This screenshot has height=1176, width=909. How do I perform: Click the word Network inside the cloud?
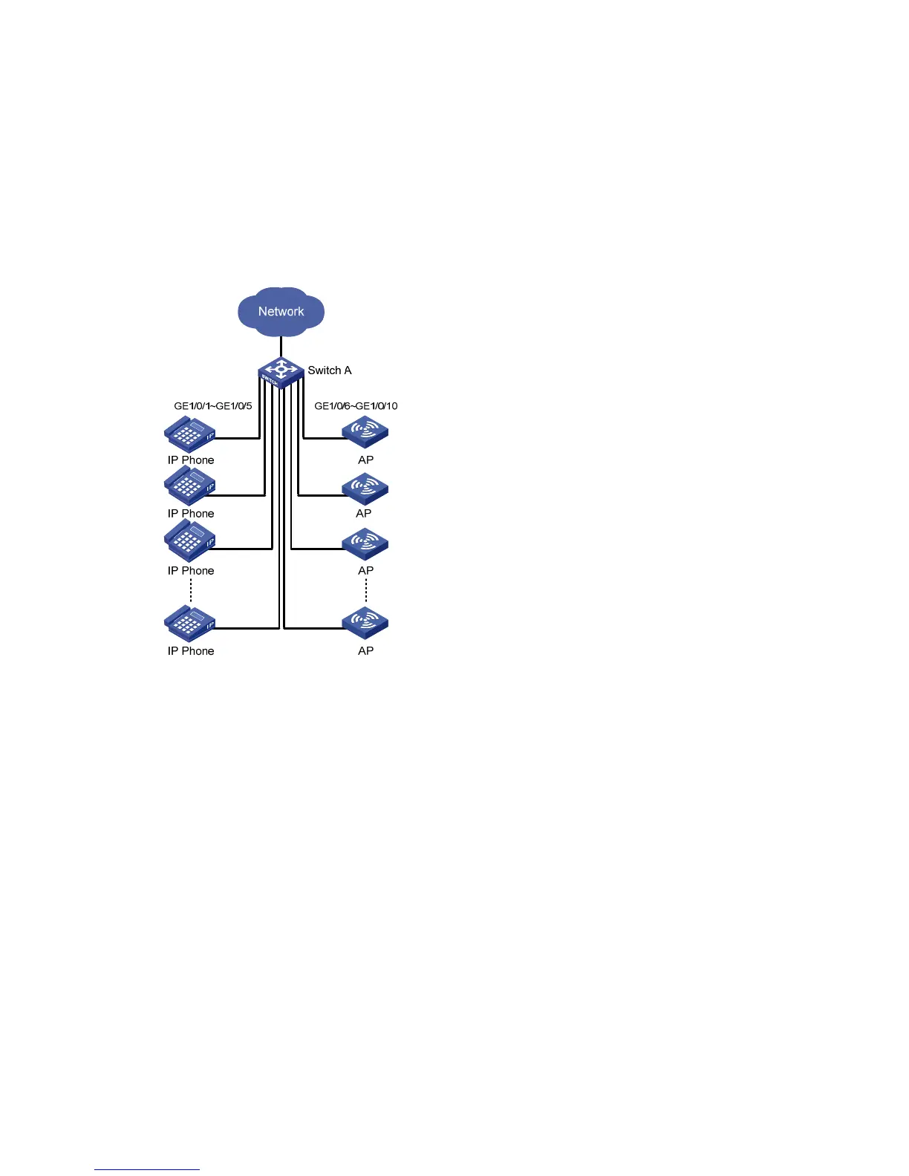[281, 312]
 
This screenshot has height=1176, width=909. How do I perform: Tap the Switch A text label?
[330, 370]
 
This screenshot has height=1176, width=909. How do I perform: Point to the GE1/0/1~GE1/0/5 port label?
[213, 406]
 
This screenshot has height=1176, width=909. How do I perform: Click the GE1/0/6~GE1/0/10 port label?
[356, 406]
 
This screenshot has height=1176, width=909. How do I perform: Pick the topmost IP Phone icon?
[189, 434]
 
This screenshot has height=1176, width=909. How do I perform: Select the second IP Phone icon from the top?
[189, 487]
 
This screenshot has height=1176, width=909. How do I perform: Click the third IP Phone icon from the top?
[189, 541]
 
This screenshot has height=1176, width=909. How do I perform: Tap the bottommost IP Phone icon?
[189, 624]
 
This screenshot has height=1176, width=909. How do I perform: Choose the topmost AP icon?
[365, 433]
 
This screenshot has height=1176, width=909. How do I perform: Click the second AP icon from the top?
[365, 489]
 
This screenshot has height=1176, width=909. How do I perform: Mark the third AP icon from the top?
[365, 544]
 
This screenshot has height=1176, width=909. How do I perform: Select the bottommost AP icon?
[365, 623]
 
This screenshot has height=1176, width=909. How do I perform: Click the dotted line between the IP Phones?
[191, 592]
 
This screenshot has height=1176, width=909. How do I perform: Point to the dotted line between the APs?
[366, 592]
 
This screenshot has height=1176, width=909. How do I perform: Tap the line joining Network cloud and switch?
[281, 347]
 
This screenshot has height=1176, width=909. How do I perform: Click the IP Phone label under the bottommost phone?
[191, 651]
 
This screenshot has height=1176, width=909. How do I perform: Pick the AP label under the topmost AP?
[366, 460]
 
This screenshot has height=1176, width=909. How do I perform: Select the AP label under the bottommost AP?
[366, 651]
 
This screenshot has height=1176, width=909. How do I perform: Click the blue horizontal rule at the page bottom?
[147, 1170]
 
